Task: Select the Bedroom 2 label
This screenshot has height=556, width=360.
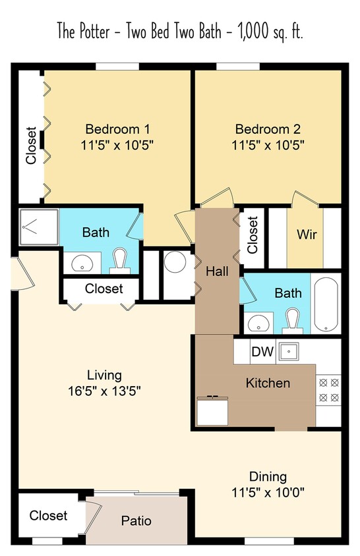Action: coord(263,129)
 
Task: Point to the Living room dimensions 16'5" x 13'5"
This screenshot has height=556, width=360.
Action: coord(104,391)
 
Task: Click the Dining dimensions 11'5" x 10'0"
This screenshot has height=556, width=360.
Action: coord(268,491)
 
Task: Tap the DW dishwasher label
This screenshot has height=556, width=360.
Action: coord(262,352)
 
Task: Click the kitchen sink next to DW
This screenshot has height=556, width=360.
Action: coord(288,351)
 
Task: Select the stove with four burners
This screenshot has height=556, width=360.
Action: coord(328,389)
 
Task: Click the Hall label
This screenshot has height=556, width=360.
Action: coord(217,271)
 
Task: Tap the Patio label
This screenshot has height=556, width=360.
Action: coord(136,521)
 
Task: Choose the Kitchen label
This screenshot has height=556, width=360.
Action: coord(268,383)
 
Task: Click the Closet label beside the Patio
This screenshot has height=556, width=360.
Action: coord(48,515)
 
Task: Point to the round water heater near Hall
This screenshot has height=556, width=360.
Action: coord(176,263)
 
